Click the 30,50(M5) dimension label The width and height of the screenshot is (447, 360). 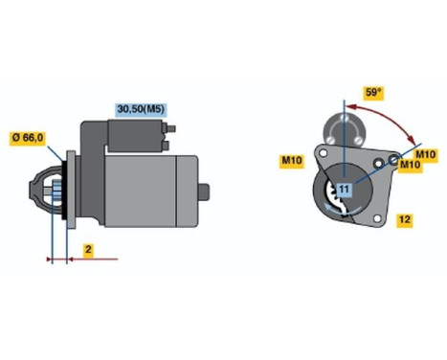point(141,108)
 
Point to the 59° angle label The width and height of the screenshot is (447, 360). point(374,94)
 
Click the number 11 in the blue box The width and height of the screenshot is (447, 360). point(342,187)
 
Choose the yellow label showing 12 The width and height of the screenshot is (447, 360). point(404,220)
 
